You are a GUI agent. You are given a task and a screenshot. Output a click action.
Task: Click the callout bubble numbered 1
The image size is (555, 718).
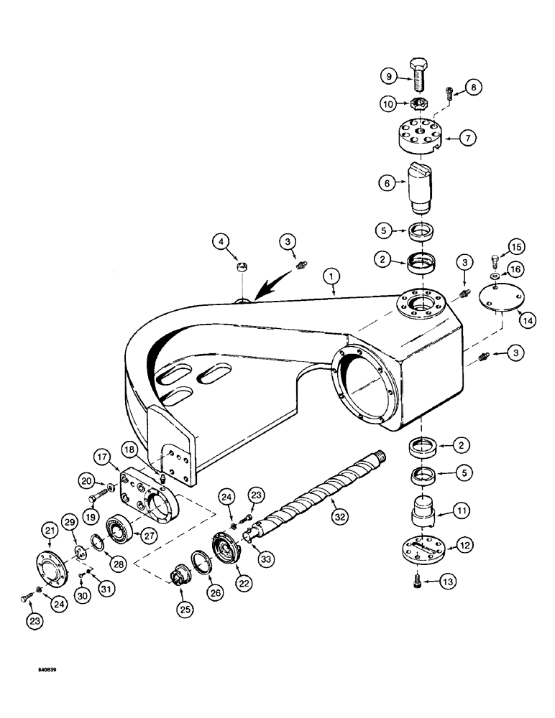pos(332,274)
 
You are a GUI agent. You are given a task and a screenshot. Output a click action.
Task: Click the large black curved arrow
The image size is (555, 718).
pos(263,291)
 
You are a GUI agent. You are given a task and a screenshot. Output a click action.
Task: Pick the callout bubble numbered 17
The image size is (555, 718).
pos(100,455)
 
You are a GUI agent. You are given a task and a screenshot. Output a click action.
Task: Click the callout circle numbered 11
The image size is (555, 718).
pos(462,511)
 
